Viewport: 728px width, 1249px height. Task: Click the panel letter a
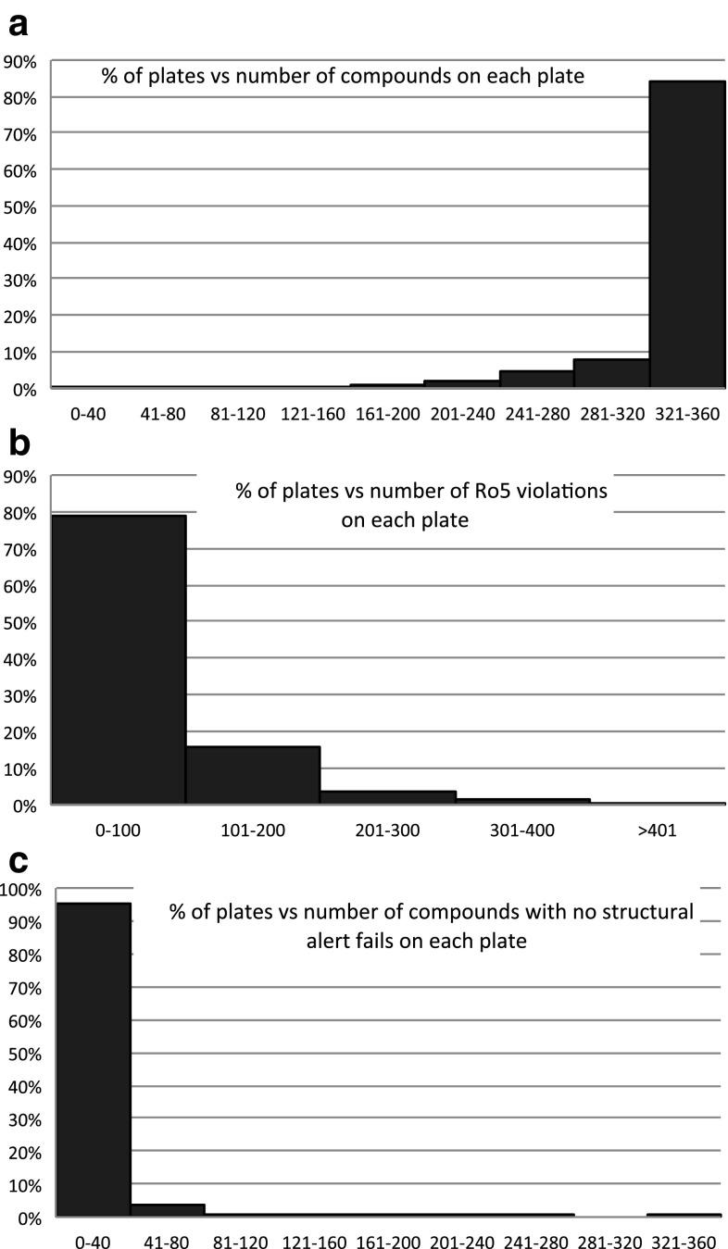pos(18,27)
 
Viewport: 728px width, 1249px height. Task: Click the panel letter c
pos(18,861)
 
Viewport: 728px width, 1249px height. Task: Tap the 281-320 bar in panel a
pos(611,373)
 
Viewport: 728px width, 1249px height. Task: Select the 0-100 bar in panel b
pos(119,659)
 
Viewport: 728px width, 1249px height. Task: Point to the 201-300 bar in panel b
pos(388,798)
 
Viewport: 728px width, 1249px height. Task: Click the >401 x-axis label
pos(659,830)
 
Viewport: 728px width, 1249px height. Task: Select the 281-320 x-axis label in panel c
pos(609,1241)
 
